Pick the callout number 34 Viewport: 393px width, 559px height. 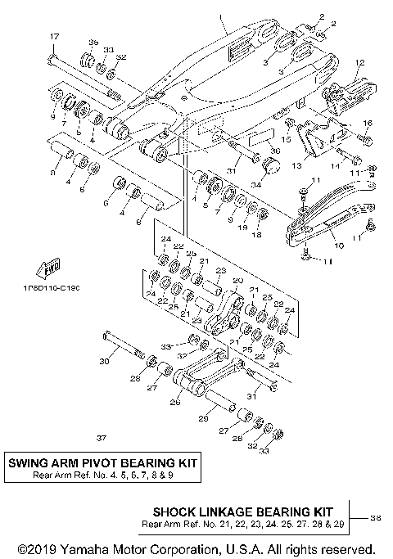pos(256,184)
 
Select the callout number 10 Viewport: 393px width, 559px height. pos(340,244)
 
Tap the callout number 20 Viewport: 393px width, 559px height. pos(238,281)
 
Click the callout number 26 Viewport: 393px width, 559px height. pos(174,401)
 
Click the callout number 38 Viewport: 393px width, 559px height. pos(376,516)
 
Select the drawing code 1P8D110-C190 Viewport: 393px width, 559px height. pos(52,287)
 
